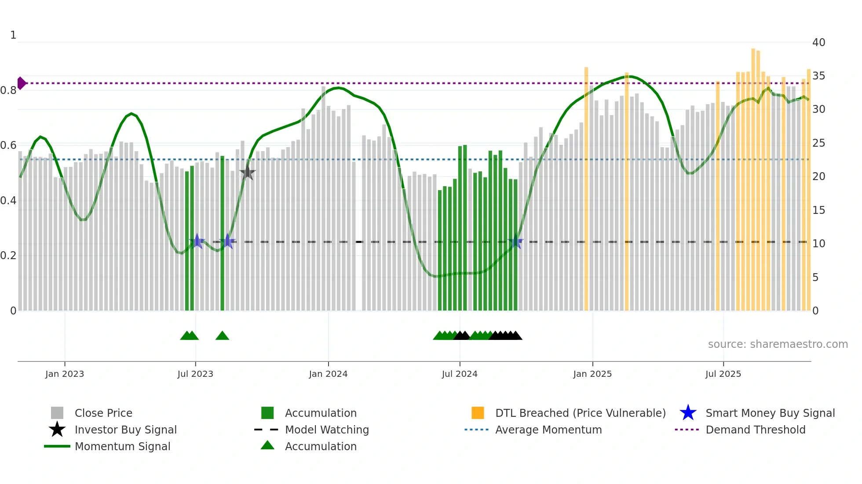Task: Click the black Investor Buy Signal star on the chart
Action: point(248,172)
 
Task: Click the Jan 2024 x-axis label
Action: point(328,374)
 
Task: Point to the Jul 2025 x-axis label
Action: point(723,374)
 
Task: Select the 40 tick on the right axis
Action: point(818,43)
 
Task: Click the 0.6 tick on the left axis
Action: point(8,145)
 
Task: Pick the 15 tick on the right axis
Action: point(818,210)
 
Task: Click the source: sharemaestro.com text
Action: point(778,344)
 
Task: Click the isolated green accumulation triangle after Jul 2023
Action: point(222,336)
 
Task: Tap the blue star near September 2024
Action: point(515,242)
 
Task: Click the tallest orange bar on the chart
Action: point(753,176)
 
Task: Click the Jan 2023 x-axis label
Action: point(65,374)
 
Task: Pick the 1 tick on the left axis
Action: point(13,35)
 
